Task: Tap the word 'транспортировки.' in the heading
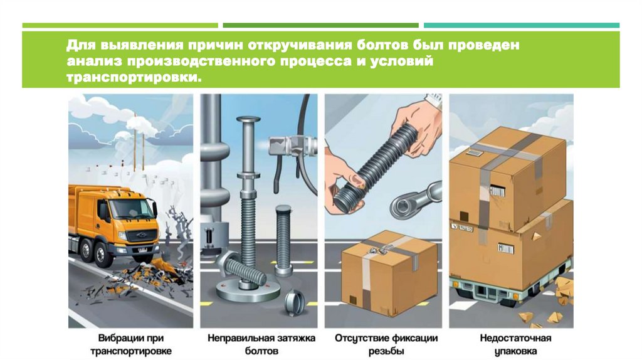pos(134,77)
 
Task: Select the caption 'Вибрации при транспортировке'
pos(130,344)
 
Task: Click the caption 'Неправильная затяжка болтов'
pos(261,344)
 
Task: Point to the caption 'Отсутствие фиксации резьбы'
pos(386,344)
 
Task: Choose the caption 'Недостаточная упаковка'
pos(515,344)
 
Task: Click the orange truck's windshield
pos(130,208)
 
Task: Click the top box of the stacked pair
pos(508,177)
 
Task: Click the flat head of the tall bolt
pos(248,120)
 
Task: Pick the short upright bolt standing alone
pos(283,240)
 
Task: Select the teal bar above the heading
pos(522,25)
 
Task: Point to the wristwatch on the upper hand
pos(434,100)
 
